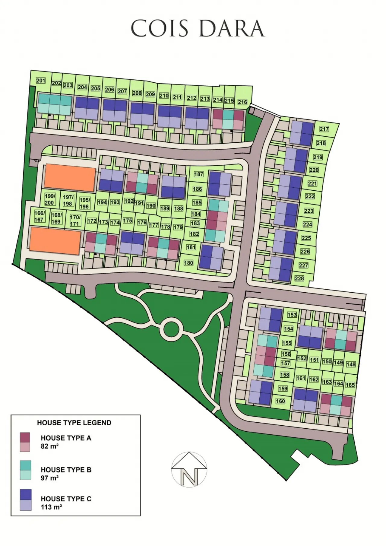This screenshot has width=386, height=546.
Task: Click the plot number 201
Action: pos(40,81)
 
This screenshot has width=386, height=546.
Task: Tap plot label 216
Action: pos(242,102)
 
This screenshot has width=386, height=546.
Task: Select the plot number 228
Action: pos(299,278)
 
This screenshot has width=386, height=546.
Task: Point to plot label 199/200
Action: pos(50,199)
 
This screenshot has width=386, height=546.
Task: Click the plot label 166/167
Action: pos(40,216)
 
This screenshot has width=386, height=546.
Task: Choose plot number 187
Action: pos(198,174)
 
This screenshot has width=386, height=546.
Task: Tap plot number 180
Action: pos(188,263)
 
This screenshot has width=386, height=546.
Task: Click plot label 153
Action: pos(292,315)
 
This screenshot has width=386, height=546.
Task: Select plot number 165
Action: pos(350,385)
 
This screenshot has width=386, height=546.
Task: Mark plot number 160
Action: pos(280,401)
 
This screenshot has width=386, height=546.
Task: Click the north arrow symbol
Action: pos(189,469)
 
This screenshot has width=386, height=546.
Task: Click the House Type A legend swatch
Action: pos(25,442)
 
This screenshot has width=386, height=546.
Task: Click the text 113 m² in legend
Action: pos(51,507)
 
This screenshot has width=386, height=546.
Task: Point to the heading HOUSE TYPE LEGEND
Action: pos(74,423)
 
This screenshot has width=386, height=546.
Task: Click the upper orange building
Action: pos(70,178)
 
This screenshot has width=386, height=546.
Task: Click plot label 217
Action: pos(324,129)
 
